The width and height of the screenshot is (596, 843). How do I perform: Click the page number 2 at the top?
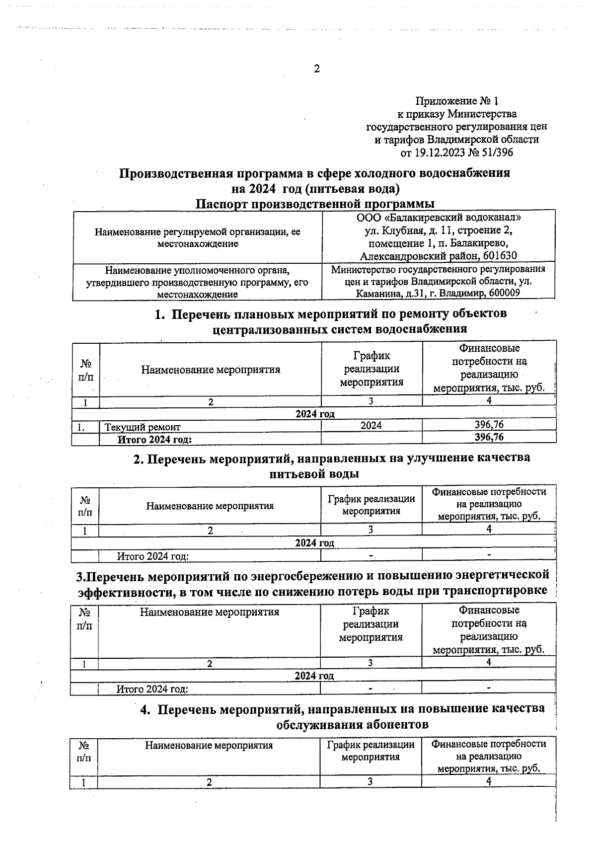(x=316, y=69)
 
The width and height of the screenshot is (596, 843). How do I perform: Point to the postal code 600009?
(x=504, y=293)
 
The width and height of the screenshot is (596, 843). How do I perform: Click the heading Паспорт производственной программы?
(x=314, y=204)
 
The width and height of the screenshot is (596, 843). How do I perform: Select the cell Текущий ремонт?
(x=142, y=426)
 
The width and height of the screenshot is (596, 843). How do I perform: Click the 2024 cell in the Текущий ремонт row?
(x=371, y=425)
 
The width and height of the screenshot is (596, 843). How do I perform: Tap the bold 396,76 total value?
(x=489, y=437)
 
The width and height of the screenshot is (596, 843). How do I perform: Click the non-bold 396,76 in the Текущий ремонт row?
(x=489, y=425)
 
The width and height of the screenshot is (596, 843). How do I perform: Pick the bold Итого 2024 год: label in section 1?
(x=154, y=439)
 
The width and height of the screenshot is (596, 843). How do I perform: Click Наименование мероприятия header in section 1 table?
(x=211, y=370)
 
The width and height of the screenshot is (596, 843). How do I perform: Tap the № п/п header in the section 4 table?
(x=84, y=752)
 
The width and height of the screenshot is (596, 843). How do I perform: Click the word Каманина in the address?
(x=376, y=293)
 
